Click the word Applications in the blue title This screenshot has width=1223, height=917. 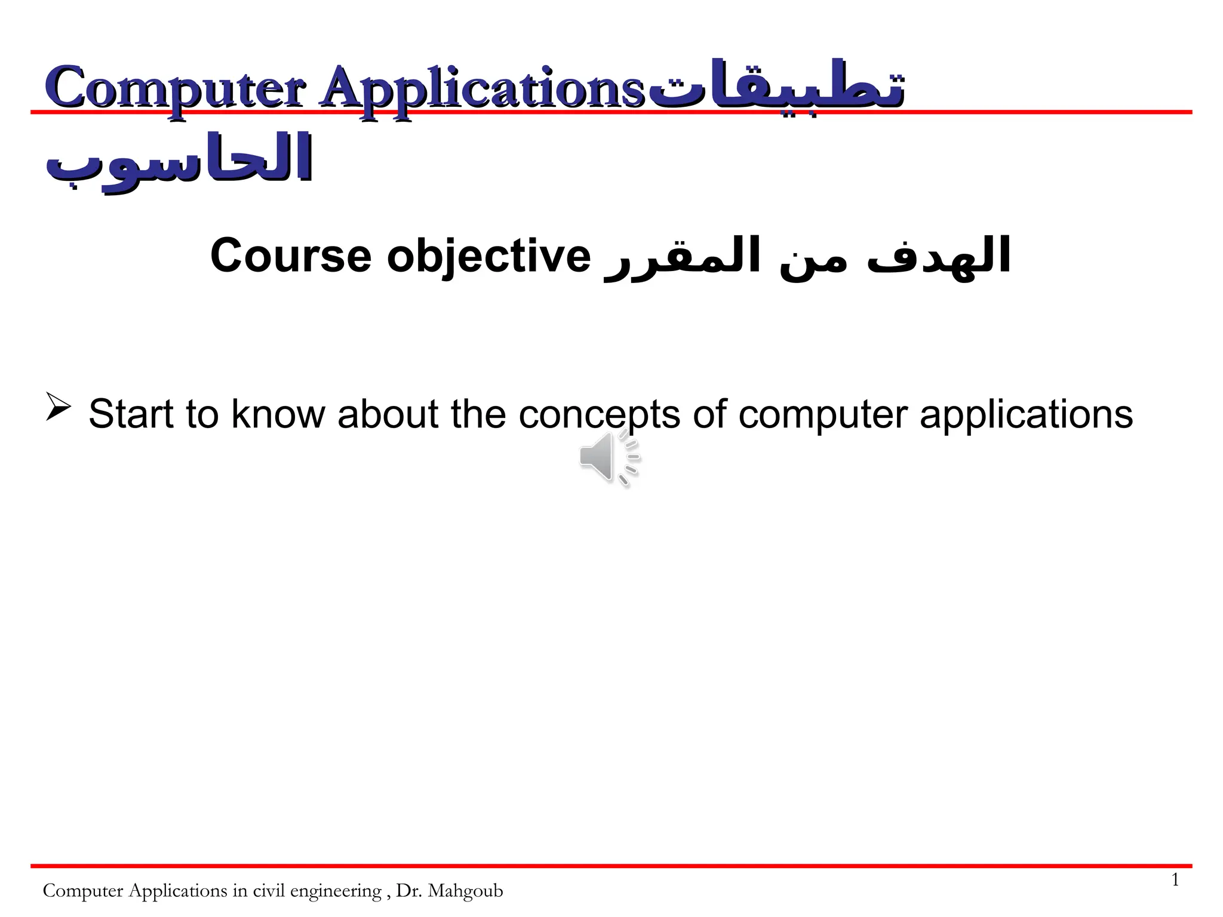(x=481, y=90)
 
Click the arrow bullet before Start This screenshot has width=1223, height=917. (x=58, y=408)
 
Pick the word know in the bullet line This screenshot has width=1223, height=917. (x=278, y=414)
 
